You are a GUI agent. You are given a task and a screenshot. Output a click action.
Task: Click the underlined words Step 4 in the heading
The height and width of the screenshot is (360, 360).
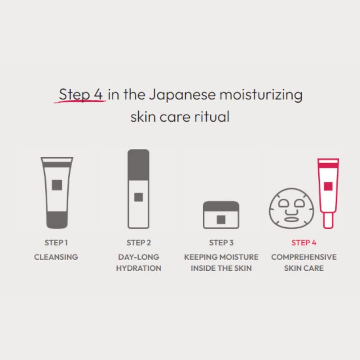click(x=81, y=95)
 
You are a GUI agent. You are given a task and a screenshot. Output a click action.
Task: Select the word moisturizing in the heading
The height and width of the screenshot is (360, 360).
click(x=261, y=95)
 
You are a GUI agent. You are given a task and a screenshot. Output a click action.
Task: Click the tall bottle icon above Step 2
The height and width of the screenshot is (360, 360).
click(x=139, y=189)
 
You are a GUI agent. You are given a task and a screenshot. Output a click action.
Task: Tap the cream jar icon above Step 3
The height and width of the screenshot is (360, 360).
click(x=221, y=215)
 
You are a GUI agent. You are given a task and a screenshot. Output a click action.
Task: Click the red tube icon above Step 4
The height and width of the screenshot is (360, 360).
click(x=328, y=193)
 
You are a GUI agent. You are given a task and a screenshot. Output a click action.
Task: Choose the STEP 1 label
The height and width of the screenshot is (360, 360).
click(x=56, y=243)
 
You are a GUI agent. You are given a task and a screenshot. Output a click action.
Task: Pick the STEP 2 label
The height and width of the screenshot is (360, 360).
click(x=139, y=243)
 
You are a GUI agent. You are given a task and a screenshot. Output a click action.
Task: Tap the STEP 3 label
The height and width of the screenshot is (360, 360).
click(x=221, y=243)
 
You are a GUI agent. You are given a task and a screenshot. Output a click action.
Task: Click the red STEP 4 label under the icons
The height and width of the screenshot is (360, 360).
click(x=304, y=243)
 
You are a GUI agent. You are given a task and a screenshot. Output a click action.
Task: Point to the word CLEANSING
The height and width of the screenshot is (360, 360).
click(x=56, y=257)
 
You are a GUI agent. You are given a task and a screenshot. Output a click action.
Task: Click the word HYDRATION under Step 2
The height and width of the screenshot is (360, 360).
click(x=139, y=268)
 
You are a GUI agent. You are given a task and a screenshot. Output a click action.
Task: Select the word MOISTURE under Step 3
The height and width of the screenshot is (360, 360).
click(x=241, y=257)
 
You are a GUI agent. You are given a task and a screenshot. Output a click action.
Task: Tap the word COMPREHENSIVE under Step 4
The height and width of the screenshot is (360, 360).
click(x=304, y=257)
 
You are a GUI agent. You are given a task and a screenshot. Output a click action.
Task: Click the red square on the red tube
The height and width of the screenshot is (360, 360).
click(x=328, y=186)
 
